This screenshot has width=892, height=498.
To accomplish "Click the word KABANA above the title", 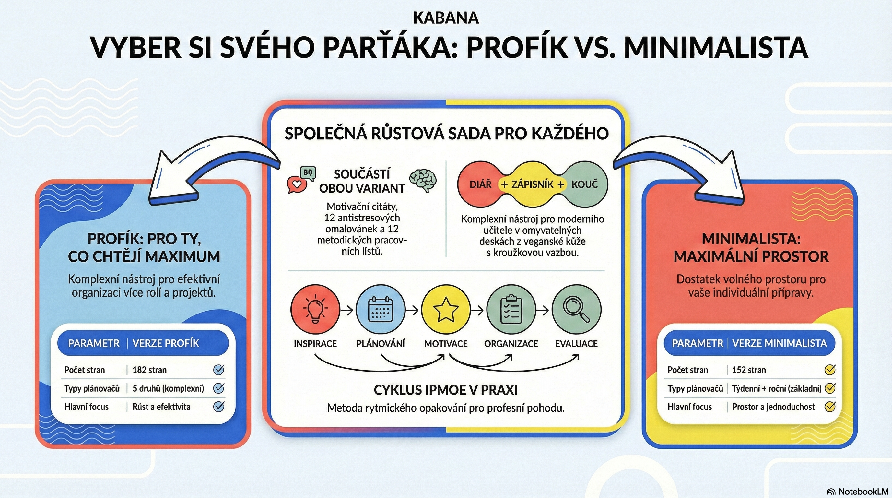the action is [x=446, y=18].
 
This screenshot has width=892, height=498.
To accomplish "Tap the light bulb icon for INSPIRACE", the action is [x=315, y=309].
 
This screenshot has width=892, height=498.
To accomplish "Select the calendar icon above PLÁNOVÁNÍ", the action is [x=380, y=310].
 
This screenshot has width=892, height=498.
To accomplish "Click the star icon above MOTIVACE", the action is [x=446, y=310].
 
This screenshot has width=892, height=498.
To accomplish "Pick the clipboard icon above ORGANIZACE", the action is [x=511, y=309].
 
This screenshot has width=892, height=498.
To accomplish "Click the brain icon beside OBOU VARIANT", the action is [x=423, y=180].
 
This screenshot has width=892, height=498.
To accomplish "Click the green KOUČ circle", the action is [x=585, y=184].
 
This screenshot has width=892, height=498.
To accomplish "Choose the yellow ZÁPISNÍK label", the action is [x=533, y=184].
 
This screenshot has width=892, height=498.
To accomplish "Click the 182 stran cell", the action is [x=150, y=370].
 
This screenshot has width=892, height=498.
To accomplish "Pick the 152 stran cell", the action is [x=749, y=370].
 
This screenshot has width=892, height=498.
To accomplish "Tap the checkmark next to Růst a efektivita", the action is [x=219, y=406].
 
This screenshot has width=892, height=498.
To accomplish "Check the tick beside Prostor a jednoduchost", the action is [x=830, y=406].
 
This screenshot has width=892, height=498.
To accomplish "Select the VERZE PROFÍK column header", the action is [x=166, y=343].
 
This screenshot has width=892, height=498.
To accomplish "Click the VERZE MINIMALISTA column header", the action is [x=780, y=343].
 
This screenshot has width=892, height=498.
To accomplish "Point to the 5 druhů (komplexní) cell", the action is [x=168, y=388].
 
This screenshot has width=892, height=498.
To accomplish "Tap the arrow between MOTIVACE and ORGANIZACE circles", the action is [x=478, y=310].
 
